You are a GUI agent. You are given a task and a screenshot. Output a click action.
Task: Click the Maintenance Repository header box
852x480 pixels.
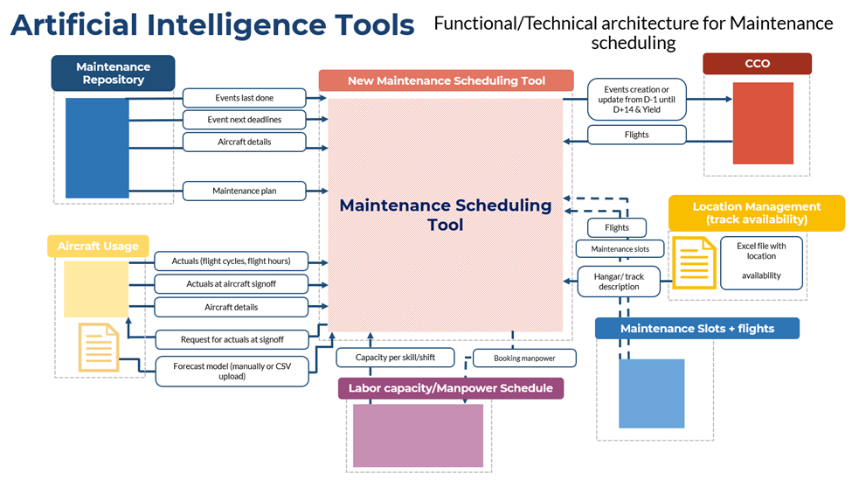(113, 73)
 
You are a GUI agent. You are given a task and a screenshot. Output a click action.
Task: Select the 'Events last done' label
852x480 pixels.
(245, 98)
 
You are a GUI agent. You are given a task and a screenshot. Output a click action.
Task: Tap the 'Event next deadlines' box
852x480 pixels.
(245, 119)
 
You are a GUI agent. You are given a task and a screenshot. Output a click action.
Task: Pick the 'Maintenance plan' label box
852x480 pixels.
(245, 191)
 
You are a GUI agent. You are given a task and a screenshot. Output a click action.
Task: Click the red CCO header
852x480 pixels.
(757, 64)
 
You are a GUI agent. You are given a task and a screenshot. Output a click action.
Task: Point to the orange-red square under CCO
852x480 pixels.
(763, 123)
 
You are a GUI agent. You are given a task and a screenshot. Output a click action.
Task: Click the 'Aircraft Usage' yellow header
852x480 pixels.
(98, 247)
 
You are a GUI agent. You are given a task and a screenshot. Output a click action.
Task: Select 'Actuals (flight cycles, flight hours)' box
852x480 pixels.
(232, 261)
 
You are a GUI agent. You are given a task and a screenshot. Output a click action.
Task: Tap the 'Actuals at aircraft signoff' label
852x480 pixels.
(232, 283)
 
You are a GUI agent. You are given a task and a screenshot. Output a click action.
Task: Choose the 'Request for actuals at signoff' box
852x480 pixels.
(232, 339)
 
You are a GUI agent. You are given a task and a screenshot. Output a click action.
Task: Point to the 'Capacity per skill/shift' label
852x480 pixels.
(395, 358)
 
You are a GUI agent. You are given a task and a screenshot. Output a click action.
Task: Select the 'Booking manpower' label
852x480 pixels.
(525, 358)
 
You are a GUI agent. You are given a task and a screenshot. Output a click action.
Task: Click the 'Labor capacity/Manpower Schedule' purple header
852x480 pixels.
(450, 388)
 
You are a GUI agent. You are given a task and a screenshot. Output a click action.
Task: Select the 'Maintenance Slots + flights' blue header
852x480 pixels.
(696, 329)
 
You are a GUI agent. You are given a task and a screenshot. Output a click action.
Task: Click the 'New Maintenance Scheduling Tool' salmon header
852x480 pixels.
(446, 81)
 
